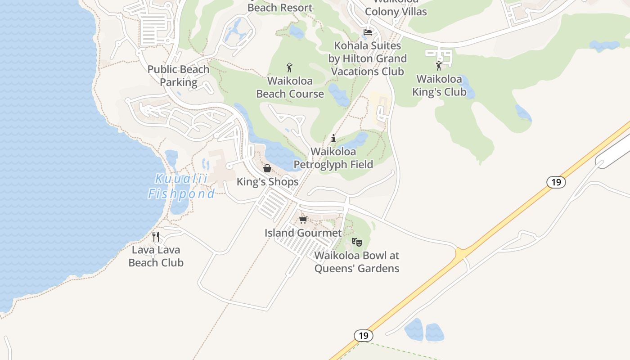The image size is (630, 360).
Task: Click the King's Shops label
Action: tap(267, 182)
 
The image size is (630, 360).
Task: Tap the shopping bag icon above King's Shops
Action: tap(267, 168)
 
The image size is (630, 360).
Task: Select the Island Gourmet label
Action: tap(303, 233)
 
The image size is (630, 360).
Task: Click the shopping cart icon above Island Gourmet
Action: tap(303, 220)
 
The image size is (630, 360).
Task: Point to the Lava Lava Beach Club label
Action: tap(156, 256)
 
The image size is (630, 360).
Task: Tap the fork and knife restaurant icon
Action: tap(156, 236)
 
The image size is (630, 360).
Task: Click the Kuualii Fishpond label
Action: tap(181, 186)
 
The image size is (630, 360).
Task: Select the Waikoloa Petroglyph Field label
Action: tap(333, 158)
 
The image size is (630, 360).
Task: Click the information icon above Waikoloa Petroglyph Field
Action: tap(333, 138)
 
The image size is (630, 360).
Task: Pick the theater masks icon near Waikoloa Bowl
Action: tap(357, 242)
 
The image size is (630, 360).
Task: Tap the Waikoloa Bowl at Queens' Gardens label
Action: tap(357, 262)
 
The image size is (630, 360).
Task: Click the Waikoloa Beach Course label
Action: tap(290, 87)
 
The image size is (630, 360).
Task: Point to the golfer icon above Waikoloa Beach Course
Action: tap(289, 67)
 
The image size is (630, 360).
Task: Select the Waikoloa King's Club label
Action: tap(439, 85)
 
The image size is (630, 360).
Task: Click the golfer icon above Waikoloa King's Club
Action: tap(439, 66)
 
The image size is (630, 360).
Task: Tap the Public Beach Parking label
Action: tap(179, 76)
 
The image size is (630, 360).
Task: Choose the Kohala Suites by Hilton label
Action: tap(367, 58)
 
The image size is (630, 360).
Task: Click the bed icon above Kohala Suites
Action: tap(368, 32)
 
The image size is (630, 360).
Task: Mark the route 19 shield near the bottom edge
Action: tap(363, 336)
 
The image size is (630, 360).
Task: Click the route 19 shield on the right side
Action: tap(556, 182)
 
